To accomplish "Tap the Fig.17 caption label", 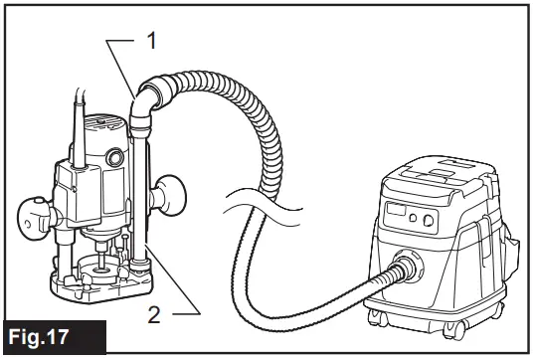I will pyautogui.click(x=51, y=336).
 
